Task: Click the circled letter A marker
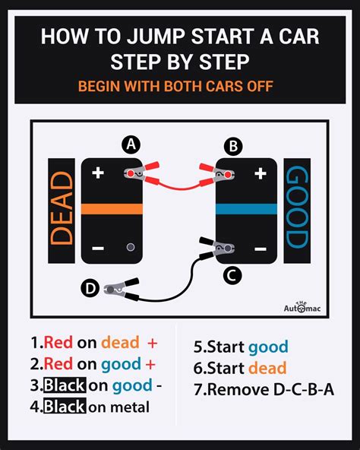click(x=131, y=144)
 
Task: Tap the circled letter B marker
click(x=234, y=144)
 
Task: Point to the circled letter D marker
click(x=90, y=288)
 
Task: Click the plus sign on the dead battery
click(x=97, y=173)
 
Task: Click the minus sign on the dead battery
click(x=97, y=248)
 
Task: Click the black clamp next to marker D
click(x=119, y=289)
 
